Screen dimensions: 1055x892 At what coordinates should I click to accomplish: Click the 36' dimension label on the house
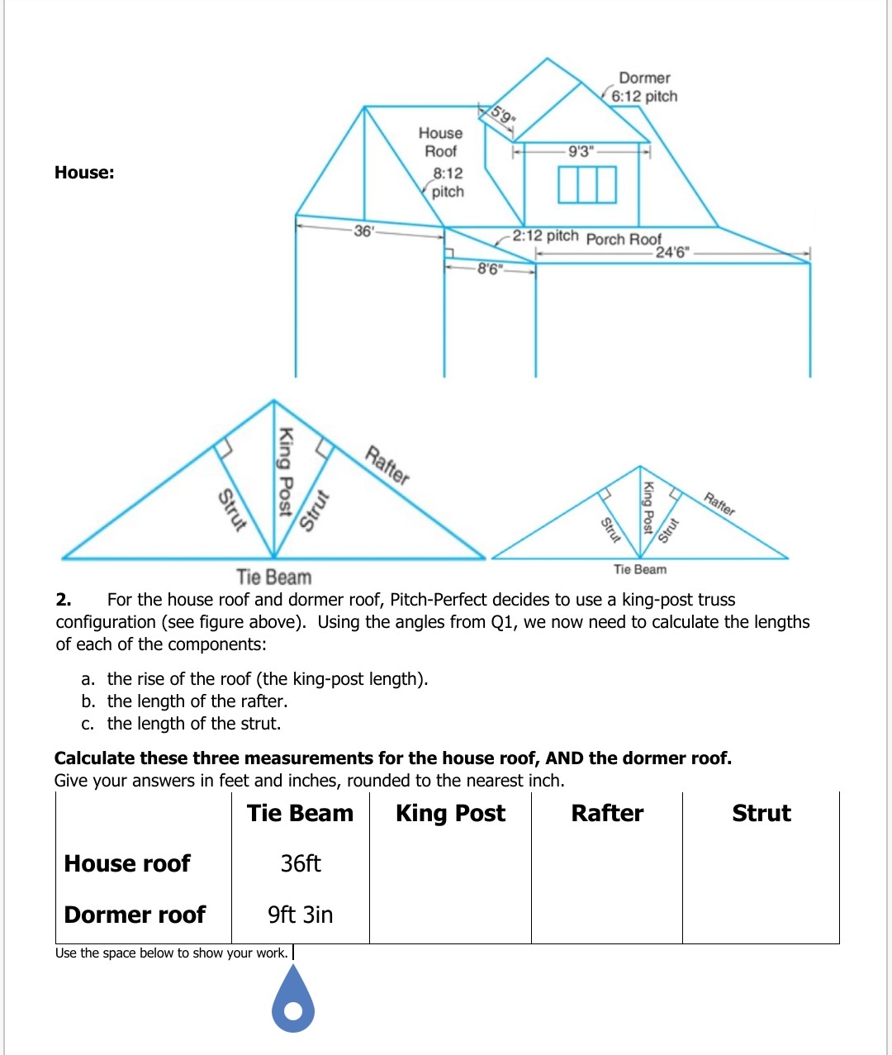pyautogui.click(x=363, y=230)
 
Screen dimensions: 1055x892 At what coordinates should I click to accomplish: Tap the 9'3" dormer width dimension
pyautogui.click(x=581, y=151)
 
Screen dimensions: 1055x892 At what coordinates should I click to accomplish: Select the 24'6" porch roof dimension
pyautogui.click(x=671, y=252)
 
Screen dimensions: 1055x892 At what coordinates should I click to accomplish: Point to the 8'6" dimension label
pyautogui.click(x=489, y=269)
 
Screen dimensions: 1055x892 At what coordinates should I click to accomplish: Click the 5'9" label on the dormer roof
pyautogui.click(x=501, y=115)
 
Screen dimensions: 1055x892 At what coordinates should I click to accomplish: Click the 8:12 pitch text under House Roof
pyautogui.click(x=448, y=182)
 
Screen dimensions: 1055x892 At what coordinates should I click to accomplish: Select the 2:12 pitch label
pyautogui.click(x=545, y=235)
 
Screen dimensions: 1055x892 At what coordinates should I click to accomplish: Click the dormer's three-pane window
pyautogui.click(x=586, y=184)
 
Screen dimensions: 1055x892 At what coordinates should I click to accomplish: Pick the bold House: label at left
pyautogui.click(x=84, y=173)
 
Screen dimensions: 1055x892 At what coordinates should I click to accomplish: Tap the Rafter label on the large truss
pyautogui.click(x=387, y=465)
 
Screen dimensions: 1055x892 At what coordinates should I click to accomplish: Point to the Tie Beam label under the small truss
pyautogui.click(x=639, y=569)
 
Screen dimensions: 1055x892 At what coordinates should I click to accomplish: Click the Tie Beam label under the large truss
pyautogui.click(x=273, y=577)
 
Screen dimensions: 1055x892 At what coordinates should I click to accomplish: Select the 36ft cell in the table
pyautogui.click(x=301, y=863)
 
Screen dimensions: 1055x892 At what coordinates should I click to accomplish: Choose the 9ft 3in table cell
pyautogui.click(x=301, y=915)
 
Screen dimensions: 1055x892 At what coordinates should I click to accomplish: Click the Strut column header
pyautogui.click(x=761, y=813)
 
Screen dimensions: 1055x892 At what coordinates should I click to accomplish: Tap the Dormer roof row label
pyautogui.click(x=135, y=915)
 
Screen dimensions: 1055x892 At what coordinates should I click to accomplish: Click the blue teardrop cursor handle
pyautogui.click(x=293, y=1001)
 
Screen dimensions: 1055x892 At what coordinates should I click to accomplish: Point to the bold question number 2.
pyautogui.click(x=63, y=600)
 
